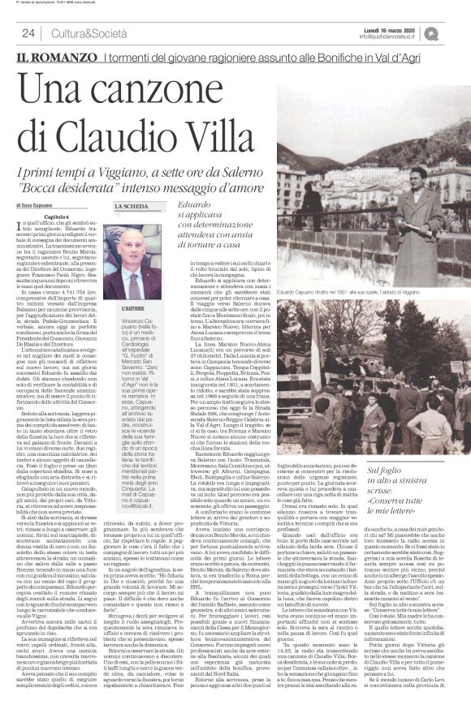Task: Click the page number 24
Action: [27, 32]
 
